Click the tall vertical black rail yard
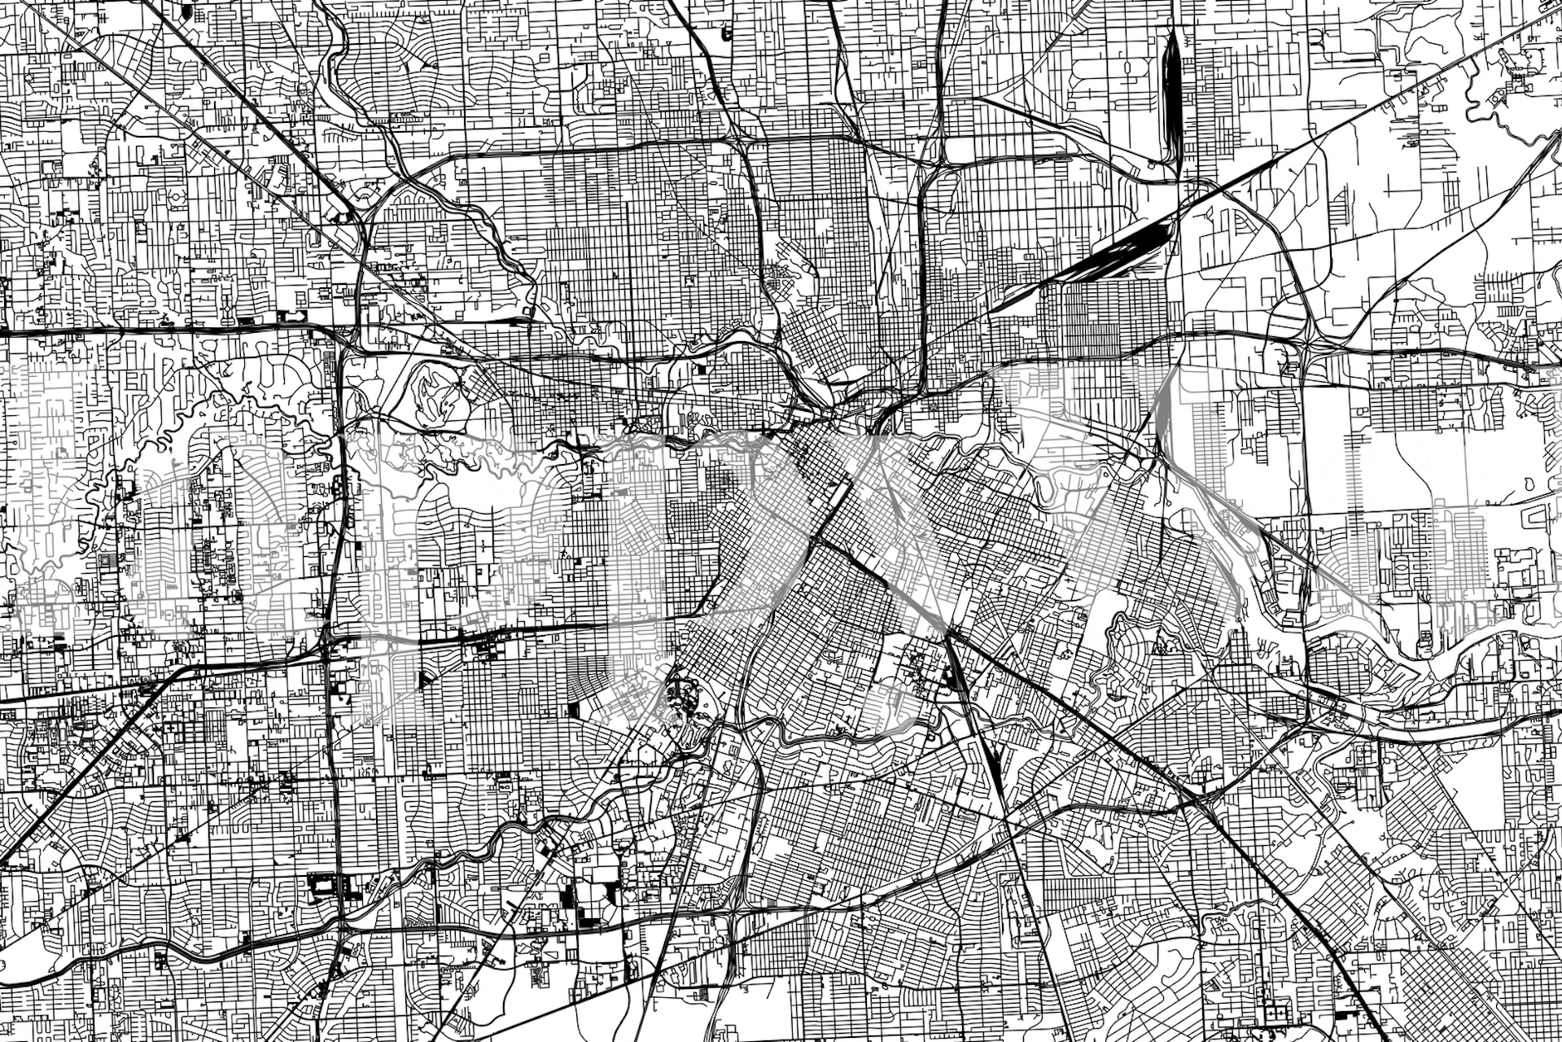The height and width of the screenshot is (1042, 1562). click(x=1173, y=98)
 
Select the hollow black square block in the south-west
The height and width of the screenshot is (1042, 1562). click(x=322, y=883)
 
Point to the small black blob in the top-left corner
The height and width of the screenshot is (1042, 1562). click(x=188, y=13)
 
